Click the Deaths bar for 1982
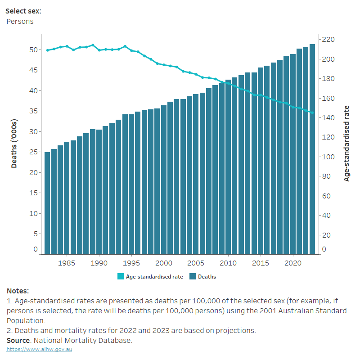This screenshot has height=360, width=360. point(47,202)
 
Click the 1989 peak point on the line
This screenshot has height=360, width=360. point(93,45)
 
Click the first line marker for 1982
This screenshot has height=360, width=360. point(47,50)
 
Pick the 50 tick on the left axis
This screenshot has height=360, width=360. point(33,49)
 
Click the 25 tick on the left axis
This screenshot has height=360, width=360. point(33,152)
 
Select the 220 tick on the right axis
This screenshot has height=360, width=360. point(328,40)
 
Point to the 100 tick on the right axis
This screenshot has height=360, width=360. point(328,157)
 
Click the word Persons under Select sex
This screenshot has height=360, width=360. point(20,21)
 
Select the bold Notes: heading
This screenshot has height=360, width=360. point(18,291)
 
